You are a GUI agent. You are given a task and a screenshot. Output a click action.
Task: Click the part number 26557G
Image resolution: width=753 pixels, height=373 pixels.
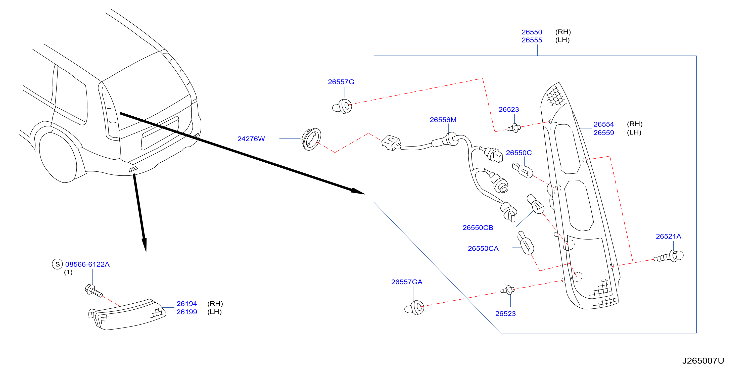pyautogui.click(x=341, y=82)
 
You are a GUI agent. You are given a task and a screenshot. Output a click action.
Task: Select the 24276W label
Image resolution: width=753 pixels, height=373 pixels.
pyautogui.click(x=251, y=139)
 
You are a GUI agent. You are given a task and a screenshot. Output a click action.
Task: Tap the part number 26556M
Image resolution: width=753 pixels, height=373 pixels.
pyautogui.click(x=443, y=120)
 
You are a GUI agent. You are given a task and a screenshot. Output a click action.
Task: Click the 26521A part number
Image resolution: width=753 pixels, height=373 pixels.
pyautogui.click(x=668, y=237)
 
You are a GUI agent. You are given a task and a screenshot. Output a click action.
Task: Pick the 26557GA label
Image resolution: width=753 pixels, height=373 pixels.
pyautogui.click(x=407, y=282)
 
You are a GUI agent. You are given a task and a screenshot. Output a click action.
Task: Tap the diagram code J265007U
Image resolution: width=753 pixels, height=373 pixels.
pyautogui.click(x=703, y=361)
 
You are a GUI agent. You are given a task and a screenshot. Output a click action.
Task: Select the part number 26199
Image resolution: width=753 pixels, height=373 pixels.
pyautogui.click(x=186, y=312)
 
